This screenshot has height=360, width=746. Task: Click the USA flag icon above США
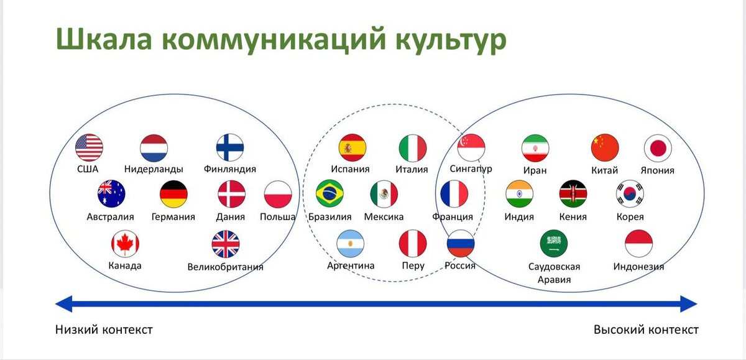[89, 148]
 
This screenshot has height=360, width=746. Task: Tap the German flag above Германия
[173, 194]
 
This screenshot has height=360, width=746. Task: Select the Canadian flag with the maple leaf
[124, 244]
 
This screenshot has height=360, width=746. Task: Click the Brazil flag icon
[330, 193]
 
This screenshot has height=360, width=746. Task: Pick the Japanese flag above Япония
[658, 148]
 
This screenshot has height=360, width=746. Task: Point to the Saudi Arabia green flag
[554, 244]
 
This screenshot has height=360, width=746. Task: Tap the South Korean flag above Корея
[630, 194]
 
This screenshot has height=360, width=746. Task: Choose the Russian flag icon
[461, 244]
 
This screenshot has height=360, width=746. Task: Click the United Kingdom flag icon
[226, 244]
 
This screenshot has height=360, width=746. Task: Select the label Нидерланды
[154, 169]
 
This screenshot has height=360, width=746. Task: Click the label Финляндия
[230, 168]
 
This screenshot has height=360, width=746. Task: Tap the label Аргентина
[351, 266]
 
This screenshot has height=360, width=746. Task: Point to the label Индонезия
[638, 267]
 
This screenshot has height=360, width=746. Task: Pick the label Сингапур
[471, 169]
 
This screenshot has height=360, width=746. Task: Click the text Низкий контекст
[104, 330]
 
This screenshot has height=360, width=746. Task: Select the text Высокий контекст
[646, 330]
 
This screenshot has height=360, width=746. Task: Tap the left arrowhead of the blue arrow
[63, 304]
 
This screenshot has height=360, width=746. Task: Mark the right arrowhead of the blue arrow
[689, 304]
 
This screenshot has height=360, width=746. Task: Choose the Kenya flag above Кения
[573, 194]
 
